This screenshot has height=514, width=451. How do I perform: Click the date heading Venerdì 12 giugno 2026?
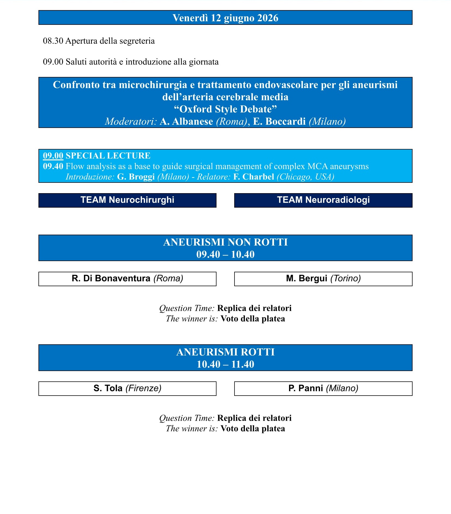[x=225, y=18]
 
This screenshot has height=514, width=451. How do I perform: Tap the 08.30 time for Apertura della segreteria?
[x=53, y=41]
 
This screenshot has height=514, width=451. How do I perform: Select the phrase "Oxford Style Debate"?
[x=225, y=109]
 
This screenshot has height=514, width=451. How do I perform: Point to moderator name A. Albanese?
[x=186, y=121]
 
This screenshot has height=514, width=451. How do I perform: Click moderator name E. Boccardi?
[x=279, y=121]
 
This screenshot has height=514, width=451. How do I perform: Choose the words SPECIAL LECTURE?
[x=108, y=156]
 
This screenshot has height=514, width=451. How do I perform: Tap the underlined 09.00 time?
[x=53, y=156]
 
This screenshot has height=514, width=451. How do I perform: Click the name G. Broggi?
[x=136, y=177]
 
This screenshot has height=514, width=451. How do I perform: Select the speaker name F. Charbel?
[x=254, y=177]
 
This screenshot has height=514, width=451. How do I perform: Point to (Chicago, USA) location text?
[x=305, y=177]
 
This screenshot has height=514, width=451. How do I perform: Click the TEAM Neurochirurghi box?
[x=127, y=200]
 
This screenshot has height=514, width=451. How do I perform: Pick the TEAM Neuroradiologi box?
[x=323, y=200]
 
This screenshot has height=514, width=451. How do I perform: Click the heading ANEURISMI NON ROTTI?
[x=225, y=242]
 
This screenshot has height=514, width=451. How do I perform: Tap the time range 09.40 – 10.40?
[x=225, y=254]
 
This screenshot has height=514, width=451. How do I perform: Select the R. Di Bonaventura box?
[x=127, y=279]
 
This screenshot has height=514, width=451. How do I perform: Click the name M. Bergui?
[x=306, y=279]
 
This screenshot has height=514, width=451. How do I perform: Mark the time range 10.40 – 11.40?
[x=225, y=364]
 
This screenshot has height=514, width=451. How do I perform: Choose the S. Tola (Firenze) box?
[x=127, y=388]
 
